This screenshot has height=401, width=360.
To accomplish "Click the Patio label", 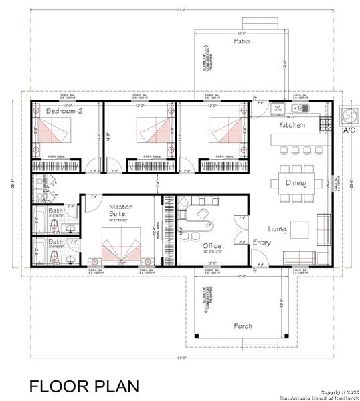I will click(242, 41).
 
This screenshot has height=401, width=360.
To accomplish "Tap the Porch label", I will click(243, 326).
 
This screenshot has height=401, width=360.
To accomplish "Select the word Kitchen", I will click(292, 125).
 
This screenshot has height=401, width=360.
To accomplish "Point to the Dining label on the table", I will click(296, 183).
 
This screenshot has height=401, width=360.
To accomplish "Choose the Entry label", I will click(262, 243).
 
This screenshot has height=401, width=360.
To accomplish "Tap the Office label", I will click(212, 246).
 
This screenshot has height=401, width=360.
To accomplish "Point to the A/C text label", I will click(349, 131).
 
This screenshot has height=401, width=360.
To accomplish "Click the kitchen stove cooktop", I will click(326, 124).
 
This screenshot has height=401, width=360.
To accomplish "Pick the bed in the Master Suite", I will click(120, 247).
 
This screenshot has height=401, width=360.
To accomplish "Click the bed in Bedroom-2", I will click(53, 132).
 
